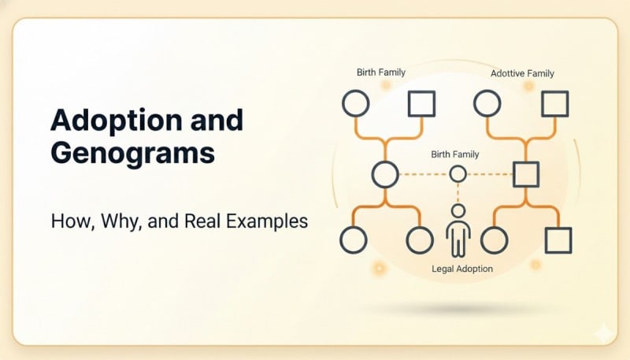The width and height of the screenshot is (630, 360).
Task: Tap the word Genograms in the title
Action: point(132,152)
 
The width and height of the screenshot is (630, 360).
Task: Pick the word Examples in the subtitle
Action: point(268,221)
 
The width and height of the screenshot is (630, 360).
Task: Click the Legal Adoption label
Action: point(462,269)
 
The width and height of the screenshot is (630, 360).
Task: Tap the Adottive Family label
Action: point(522,73)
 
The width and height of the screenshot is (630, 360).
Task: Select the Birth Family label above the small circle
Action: point(454,154)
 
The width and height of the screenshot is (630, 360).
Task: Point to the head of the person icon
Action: point(458,211)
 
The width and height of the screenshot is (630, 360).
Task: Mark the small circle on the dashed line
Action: point(458,174)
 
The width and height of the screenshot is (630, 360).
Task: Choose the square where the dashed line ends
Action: point(525,174)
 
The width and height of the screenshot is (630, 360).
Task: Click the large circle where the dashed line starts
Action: point(385,174)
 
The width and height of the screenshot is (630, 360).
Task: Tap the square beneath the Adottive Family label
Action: point(556,103)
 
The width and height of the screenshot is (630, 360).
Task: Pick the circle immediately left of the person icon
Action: point(420,240)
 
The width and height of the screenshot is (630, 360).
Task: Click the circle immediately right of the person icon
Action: point(494,240)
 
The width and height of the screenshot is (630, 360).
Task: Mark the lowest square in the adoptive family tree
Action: point(558,240)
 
